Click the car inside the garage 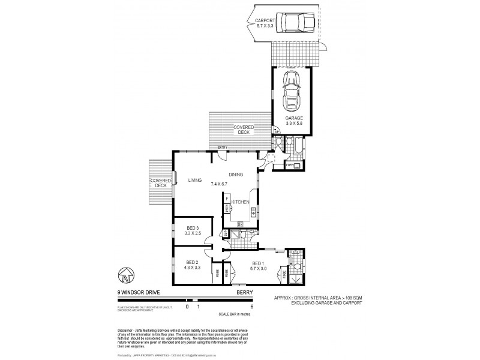coord(293,92)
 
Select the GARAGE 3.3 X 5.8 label coord(294,121)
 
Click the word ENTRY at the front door coord(223,148)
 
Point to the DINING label coord(236,174)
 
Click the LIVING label coord(195,180)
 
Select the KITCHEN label coord(240,202)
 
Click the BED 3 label coord(192,229)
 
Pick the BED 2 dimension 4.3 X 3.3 coord(192,268)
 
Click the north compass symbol coord(125,277)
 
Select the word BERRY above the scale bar coord(246,293)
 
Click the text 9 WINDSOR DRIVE coord(137,293)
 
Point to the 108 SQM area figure coord(355,297)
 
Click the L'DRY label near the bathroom coord(290,164)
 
